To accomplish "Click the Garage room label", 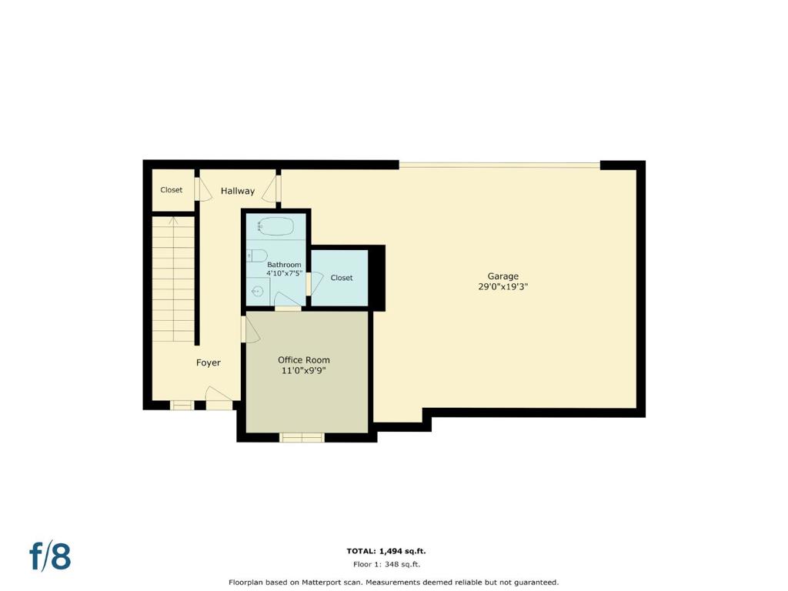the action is click(503, 276).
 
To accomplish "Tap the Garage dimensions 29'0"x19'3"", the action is click(503, 287).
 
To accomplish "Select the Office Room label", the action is click(303, 360).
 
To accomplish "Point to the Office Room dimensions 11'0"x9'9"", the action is click(303, 371).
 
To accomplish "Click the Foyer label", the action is click(208, 363).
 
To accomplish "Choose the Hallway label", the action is click(238, 191).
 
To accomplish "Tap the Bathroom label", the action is click(284, 265).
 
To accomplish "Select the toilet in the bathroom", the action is click(257, 255).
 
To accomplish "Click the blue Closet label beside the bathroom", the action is click(341, 278).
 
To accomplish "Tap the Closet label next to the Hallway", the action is click(171, 190).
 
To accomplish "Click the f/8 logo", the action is click(50, 556).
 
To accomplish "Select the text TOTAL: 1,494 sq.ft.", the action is click(386, 551).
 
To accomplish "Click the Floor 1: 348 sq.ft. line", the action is click(386, 564).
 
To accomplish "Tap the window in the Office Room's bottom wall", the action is click(302, 438).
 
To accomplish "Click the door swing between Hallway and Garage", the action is click(272, 189).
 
